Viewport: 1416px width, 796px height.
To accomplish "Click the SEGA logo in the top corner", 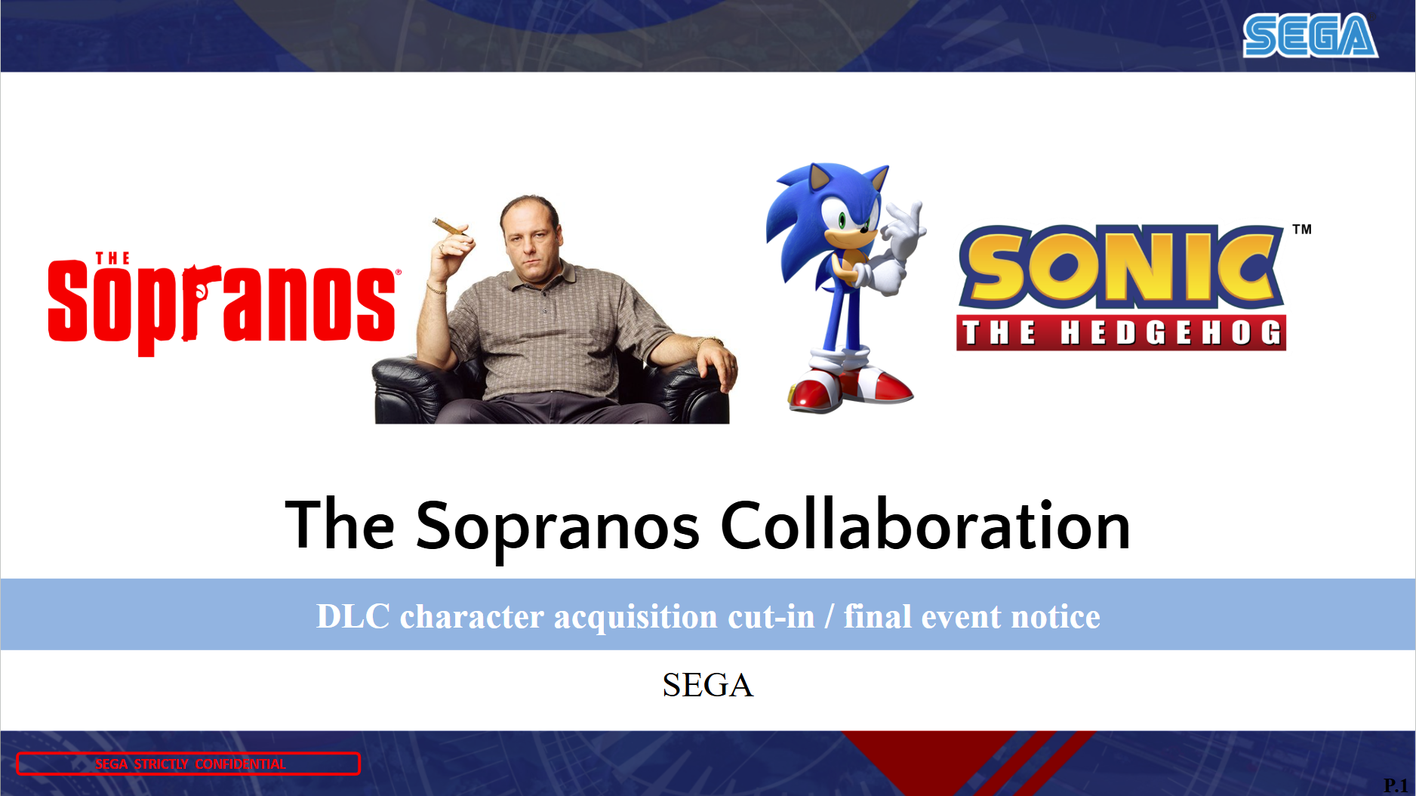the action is tap(1310, 35).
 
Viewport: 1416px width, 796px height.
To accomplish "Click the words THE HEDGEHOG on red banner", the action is tap(1122, 332).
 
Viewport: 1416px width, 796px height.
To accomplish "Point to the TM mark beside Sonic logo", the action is tap(1302, 230).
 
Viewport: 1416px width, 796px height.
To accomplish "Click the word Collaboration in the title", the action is tap(925, 526).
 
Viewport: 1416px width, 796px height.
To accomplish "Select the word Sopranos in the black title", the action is tap(558, 529).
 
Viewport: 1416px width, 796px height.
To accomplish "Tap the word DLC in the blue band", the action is tap(352, 616).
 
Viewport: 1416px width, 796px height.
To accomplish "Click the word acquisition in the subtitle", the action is tap(636, 618).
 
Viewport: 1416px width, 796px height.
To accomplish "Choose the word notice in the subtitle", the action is tap(1055, 617).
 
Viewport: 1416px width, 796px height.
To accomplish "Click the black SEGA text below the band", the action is tap(708, 685).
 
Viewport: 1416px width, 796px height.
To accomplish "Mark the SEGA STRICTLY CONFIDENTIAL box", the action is tap(189, 764).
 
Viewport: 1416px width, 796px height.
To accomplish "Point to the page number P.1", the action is tap(1396, 785).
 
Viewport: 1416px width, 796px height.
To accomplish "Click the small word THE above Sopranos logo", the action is tap(112, 258).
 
